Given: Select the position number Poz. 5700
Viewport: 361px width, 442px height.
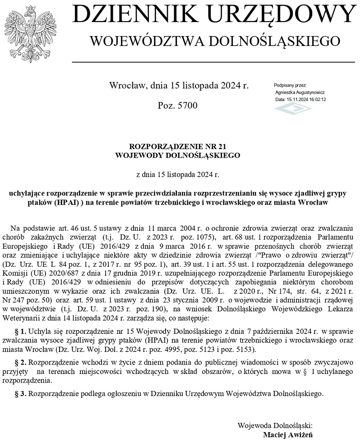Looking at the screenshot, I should tap(177, 105).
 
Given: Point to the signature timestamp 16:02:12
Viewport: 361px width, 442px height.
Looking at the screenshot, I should tap(316, 99).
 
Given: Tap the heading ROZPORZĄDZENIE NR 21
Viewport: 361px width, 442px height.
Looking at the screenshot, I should tap(177, 147).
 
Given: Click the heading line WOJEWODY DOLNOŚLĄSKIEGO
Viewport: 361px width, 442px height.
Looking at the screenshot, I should tap(177, 155).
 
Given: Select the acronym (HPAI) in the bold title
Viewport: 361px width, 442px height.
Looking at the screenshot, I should tap(69, 202).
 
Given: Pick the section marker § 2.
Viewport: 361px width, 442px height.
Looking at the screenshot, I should tap(20, 363).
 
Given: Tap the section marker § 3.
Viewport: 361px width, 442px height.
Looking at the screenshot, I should tap(20, 394).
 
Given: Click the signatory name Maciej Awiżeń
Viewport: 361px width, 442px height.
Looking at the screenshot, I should tap(287, 435).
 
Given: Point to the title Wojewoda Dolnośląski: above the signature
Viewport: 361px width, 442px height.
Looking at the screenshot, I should tap(275, 425).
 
